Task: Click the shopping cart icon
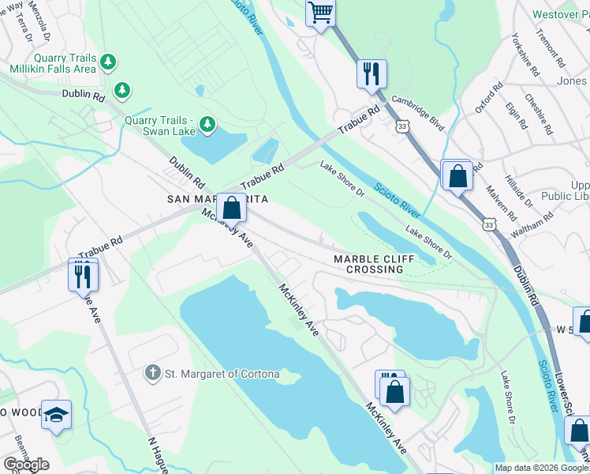(320, 13)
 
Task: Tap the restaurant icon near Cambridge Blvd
(370, 74)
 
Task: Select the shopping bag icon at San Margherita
(231, 209)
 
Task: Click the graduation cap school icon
(57, 415)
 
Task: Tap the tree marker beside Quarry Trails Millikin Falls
(109, 62)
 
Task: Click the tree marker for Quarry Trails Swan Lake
(207, 124)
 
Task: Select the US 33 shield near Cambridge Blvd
(403, 127)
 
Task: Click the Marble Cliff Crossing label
(368, 264)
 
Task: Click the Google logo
(26, 465)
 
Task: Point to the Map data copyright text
(541, 468)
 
